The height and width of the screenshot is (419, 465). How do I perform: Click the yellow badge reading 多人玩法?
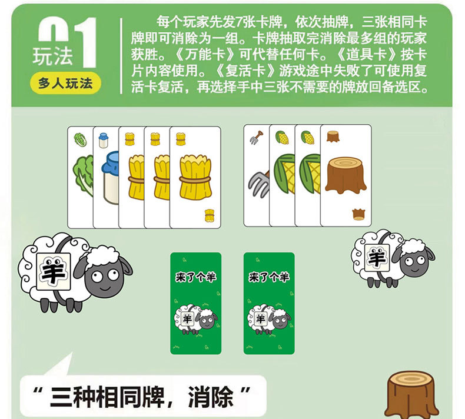65,83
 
